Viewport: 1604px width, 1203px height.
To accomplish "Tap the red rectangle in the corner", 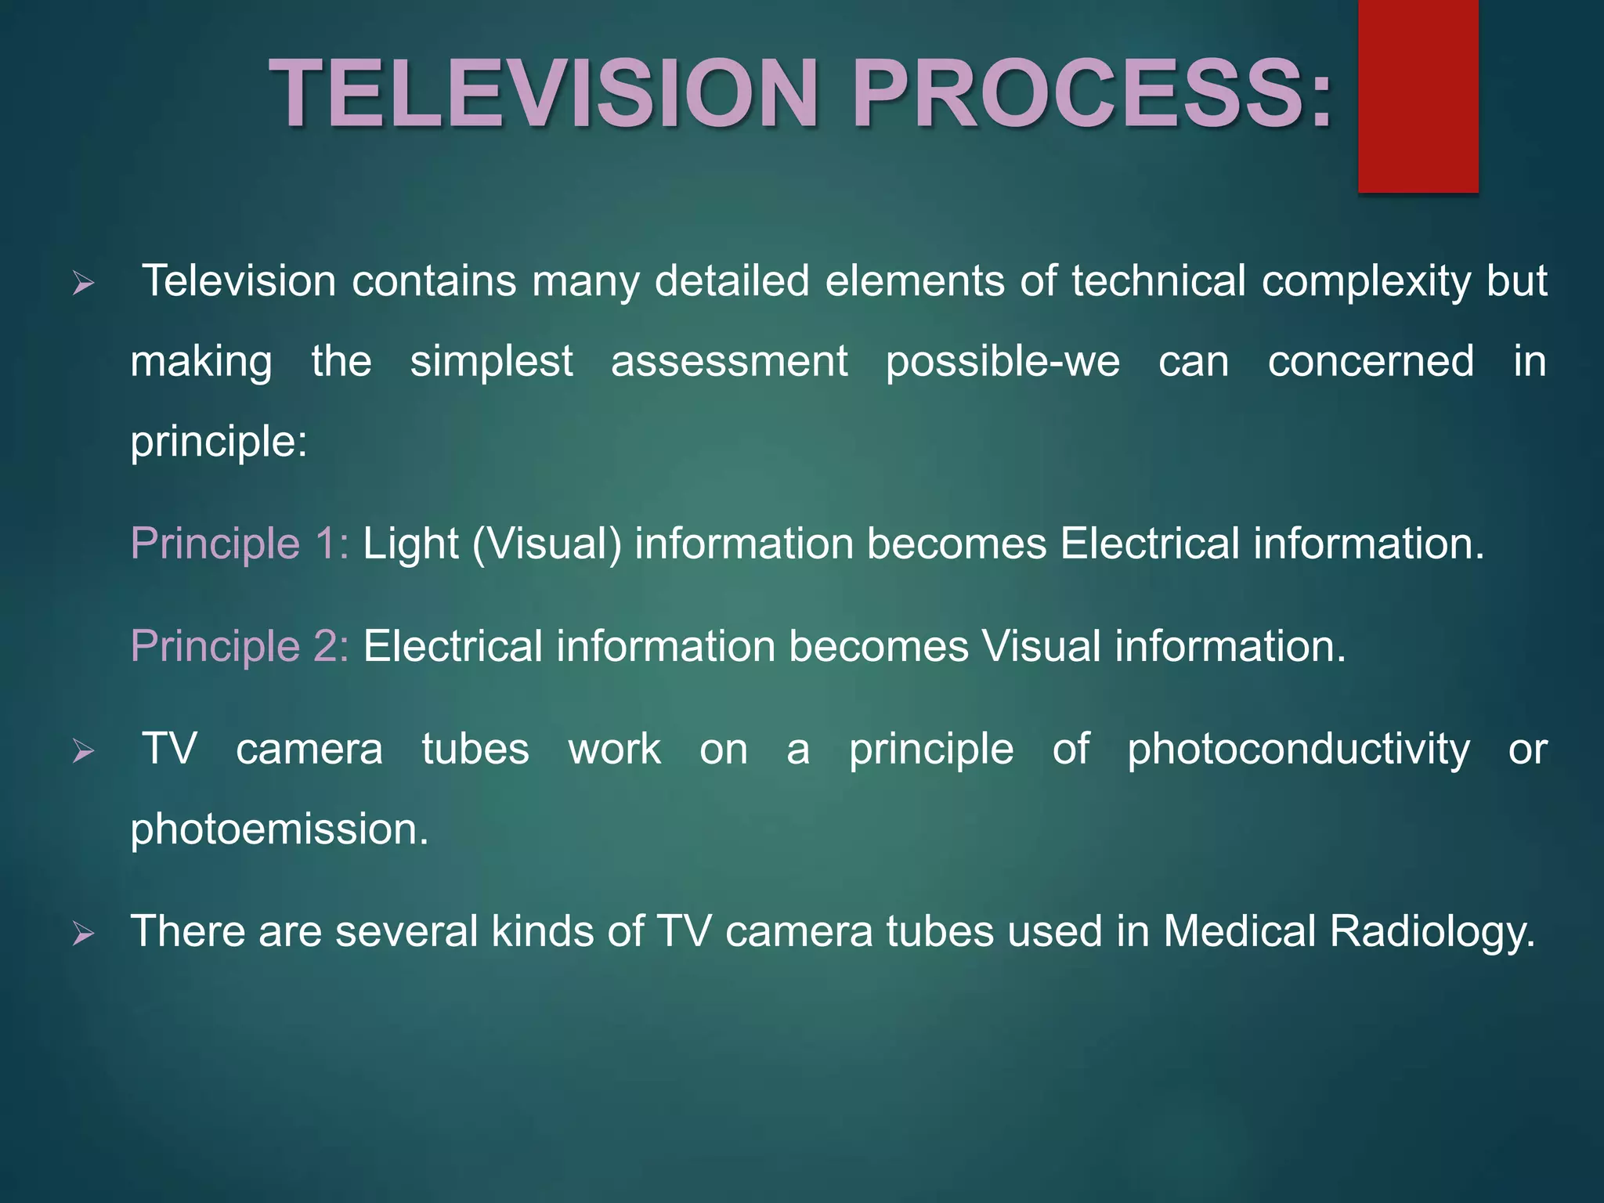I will pos(1418,96).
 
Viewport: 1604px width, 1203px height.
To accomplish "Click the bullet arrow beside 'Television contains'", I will pos(83,284).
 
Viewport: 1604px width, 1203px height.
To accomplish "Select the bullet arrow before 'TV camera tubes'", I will pos(83,752).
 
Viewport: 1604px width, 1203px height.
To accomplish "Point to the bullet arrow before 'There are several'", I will pos(83,934).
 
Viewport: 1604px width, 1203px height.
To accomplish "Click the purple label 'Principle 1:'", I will pos(239,544).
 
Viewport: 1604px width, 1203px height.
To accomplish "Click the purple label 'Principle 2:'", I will pos(239,646).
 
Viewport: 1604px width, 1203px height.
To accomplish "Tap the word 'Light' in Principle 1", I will pos(410,544).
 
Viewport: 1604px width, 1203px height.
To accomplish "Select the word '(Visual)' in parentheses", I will pos(547,544).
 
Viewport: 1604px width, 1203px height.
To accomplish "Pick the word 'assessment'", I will pos(729,362).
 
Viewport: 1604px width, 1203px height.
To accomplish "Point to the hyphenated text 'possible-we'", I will pos(1002,362).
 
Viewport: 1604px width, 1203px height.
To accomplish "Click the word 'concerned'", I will pos(1371,362).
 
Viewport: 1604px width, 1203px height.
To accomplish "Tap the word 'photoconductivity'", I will pos(1299,750).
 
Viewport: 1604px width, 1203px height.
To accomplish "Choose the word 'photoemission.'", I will pos(280,829).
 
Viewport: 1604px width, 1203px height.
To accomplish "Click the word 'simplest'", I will pos(491,362).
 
